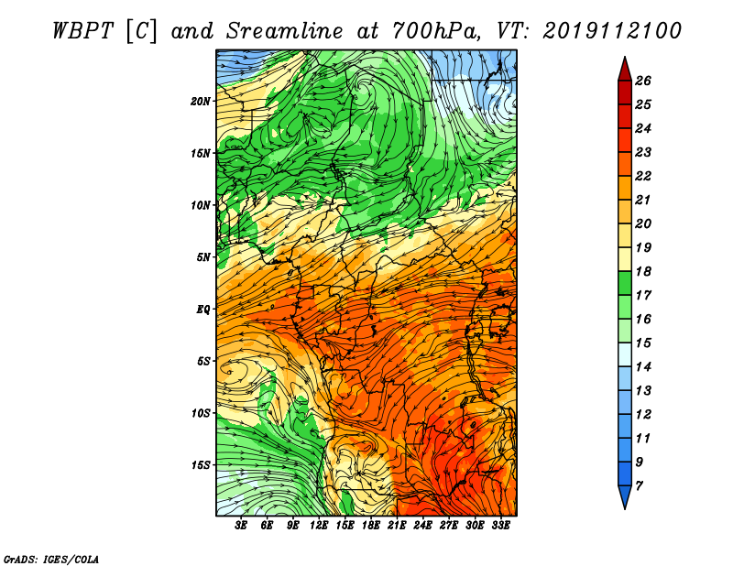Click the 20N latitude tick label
click(201, 102)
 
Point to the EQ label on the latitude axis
click(203, 310)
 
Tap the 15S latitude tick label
click(201, 465)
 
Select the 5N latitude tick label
click(203, 257)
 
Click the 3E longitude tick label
click(241, 526)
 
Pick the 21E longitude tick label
click(397, 526)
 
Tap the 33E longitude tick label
click(500, 526)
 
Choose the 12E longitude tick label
click(319, 526)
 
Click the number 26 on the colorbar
click(643, 81)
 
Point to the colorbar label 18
click(643, 271)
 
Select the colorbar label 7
click(639, 486)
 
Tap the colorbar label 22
click(643, 176)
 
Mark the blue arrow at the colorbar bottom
click(625, 495)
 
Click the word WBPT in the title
click(82, 31)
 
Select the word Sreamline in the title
click(284, 31)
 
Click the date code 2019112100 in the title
click(612, 31)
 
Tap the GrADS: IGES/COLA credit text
click(51, 560)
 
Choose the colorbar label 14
click(643, 367)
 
